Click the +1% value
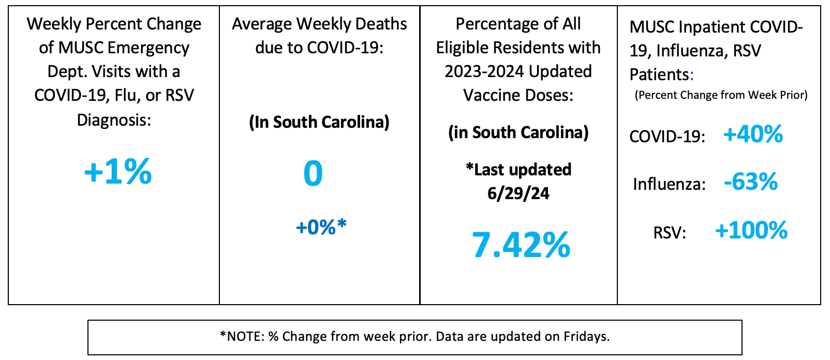tap(118, 172)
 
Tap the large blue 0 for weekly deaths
tap(313, 174)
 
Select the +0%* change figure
tap(321, 227)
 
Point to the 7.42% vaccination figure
tap(521, 245)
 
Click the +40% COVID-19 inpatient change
tap(753, 134)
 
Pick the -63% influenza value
tap(751, 182)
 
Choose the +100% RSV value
tap(751, 231)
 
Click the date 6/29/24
tap(518, 193)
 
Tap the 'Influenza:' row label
tap(669, 184)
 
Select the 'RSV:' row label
tap(670, 233)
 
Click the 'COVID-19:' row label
tap(667, 137)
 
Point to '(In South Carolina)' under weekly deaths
tap(319, 122)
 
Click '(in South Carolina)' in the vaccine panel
tap(518, 132)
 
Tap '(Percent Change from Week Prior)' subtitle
tap(721, 95)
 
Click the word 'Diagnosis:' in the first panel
tap(114, 120)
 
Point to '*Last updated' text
tap(518, 170)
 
